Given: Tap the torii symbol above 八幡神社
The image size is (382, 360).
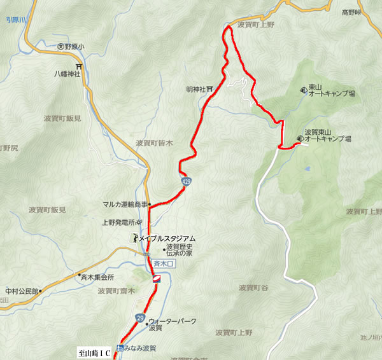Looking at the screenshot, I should click(78, 66).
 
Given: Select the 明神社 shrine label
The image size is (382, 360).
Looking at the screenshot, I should click(195, 90).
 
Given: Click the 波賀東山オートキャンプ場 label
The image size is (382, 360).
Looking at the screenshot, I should click(328, 135).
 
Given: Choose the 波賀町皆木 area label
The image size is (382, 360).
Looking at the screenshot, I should click(155, 144).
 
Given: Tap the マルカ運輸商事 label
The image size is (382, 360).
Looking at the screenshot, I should click(125, 205).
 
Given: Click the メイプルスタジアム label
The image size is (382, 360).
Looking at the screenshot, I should click(167, 238).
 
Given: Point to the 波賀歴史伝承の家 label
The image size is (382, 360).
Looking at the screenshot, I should click(179, 250).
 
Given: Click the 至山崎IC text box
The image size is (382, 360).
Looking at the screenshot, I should click(94, 351).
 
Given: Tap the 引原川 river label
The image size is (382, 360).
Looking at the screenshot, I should click(15, 20).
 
